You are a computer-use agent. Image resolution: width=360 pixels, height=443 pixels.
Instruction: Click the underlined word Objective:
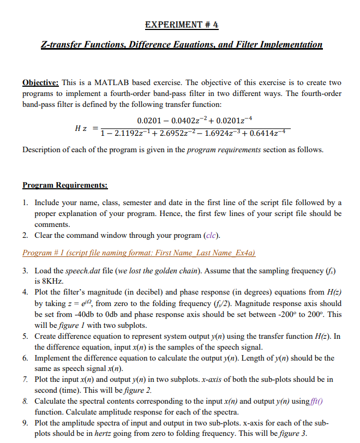41,82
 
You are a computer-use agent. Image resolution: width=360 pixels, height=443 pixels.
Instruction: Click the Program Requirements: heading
65,185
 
